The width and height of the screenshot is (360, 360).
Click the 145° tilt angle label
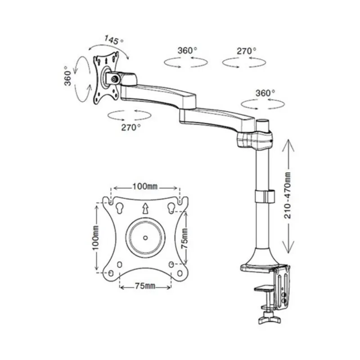coord(114,40)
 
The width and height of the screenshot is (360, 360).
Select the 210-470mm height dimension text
coord(288,195)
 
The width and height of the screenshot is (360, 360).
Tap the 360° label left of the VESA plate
coord(68,76)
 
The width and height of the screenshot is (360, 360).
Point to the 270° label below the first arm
coord(131,127)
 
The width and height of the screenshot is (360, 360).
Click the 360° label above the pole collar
coord(265,93)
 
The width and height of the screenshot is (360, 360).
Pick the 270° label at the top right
coord(247,51)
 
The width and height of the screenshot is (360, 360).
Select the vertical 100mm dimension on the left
coord(95,238)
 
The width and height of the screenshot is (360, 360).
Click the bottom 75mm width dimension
coord(145,286)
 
